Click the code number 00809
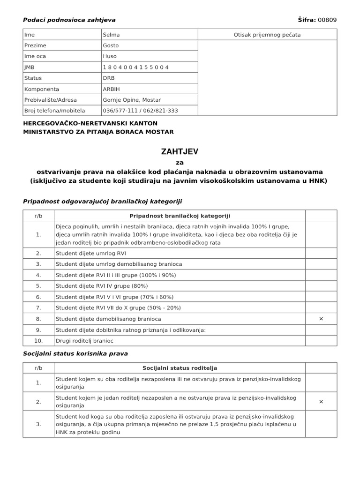click(x=327, y=20)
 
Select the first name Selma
click(x=111, y=35)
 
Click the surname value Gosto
click(x=111, y=45)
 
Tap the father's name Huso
click(x=110, y=56)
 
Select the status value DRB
click(x=108, y=78)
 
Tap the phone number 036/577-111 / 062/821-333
click(x=140, y=111)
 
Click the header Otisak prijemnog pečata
click(x=267, y=35)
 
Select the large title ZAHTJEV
click(x=180, y=152)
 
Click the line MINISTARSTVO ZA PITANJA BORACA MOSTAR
click(x=98, y=132)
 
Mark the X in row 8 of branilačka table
click(x=321, y=319)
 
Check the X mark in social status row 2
click(x=321, y=402)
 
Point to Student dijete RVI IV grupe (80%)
click(x=102, y=286)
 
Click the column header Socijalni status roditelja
click(x=180, y=368)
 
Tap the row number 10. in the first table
click(x=38, y=340)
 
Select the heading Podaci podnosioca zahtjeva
click(x=69, y=20)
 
